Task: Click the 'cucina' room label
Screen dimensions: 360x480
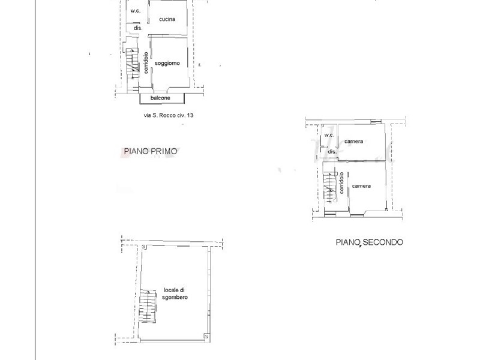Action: click(x=167, y=19)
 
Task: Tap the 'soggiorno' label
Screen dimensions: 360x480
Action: click(x=167, y=63)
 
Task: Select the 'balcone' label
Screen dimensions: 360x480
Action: click(x=160, y=98)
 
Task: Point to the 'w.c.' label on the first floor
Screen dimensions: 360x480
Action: click(x=136, y=11)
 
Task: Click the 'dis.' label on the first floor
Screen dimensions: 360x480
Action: click(x=137, y=28)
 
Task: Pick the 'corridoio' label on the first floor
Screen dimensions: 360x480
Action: click(x=146, y=63)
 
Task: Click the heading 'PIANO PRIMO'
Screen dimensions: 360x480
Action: click(x=149, y=152)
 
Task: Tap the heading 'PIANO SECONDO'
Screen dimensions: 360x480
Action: click(x=369, y=242)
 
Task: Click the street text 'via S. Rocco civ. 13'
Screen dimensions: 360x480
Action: click(x=165, y=116)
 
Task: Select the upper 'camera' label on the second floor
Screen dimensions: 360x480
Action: click(x=353, y=142)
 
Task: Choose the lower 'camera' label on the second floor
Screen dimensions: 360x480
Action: click(x=361, y=186)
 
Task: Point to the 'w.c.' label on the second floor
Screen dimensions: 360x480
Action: click(x=329, y=135)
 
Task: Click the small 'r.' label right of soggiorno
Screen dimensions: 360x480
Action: click(x=199, y=65)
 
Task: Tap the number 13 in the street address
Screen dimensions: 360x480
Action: click(x=190, y=116)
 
